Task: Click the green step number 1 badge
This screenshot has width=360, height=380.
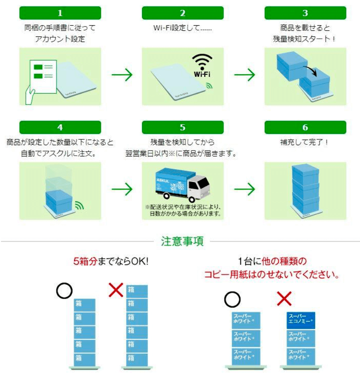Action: [60, 13]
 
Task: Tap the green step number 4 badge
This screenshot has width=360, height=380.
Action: [60, 128]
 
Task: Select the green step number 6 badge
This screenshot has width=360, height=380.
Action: [305, 128]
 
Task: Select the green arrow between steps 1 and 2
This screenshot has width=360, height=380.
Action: [122, 75]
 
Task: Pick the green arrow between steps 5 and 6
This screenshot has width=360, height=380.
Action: [244, 189]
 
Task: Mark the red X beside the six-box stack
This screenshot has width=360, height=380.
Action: [116, 290]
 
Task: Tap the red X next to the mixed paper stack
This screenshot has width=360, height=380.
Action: [284, 298]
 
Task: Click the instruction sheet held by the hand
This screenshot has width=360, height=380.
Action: [43, 78]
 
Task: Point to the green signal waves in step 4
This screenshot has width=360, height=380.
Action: [80, 206]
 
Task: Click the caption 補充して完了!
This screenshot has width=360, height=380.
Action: [305, 142]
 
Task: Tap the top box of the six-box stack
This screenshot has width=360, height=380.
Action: [137, 291]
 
